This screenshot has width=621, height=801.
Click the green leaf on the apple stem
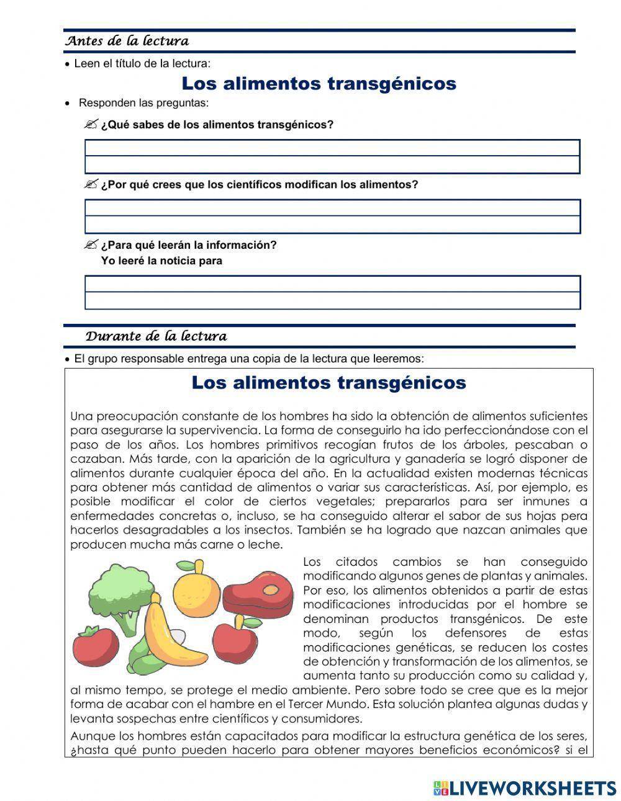pos(252,622)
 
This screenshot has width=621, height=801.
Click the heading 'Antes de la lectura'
pos(127,42)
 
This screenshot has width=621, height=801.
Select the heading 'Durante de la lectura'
pos(156,336)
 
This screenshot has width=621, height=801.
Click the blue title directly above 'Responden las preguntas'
pos(319,83)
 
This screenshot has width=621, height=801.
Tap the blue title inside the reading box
pos(329,382)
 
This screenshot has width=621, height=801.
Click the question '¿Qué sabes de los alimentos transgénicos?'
pos(217,125)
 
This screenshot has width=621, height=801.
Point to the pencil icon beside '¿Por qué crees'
pos(91,184)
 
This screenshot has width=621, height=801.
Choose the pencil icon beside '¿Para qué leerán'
pos(91,244)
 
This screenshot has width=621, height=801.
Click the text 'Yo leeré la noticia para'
pos(161,261)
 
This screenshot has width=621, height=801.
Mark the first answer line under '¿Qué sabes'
pos(332,148)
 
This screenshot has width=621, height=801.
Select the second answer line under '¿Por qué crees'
pos(332,225)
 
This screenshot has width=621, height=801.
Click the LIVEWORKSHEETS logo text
pos(532,788)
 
